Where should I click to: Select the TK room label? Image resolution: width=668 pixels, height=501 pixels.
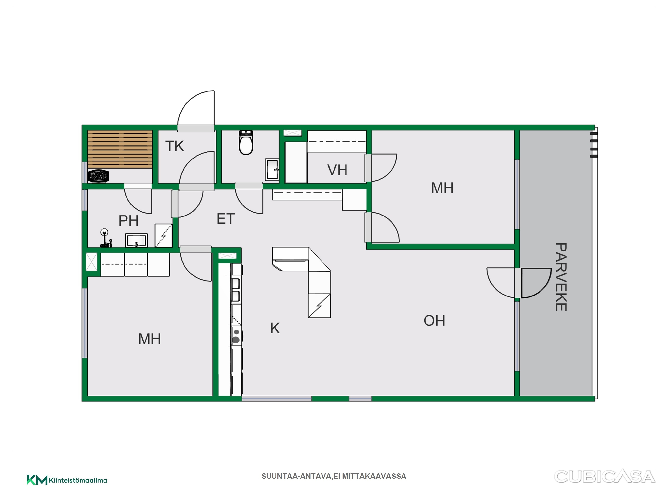point(174,146)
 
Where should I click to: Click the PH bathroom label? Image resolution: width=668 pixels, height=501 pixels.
point(128,220)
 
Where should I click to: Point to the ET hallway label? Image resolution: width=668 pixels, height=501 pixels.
point(226,219)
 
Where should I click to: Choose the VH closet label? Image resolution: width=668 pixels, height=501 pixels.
point(337,170)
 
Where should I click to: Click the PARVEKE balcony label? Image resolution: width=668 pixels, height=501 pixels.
point(561,277)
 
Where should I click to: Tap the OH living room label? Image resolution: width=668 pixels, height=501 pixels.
point(434,321)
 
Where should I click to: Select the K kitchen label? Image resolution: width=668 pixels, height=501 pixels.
point(275,328)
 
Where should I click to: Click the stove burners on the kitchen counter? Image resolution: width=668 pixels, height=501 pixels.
point(236,336)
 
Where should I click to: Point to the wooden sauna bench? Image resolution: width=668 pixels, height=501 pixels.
point(120,149)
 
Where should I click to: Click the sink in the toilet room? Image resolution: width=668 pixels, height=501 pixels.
point(272,170)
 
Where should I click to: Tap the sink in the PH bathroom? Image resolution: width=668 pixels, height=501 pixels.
point(136,240)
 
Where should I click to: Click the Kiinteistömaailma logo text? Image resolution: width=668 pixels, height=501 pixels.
point(78,480)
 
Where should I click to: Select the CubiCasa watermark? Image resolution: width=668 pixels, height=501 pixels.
point(605,477)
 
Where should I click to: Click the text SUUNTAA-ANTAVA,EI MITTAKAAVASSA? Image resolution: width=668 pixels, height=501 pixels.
point(334,476)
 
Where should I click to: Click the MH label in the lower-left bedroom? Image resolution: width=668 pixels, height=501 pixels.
point(150,339)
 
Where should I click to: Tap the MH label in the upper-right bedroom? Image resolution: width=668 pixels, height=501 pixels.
point(442,188)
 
